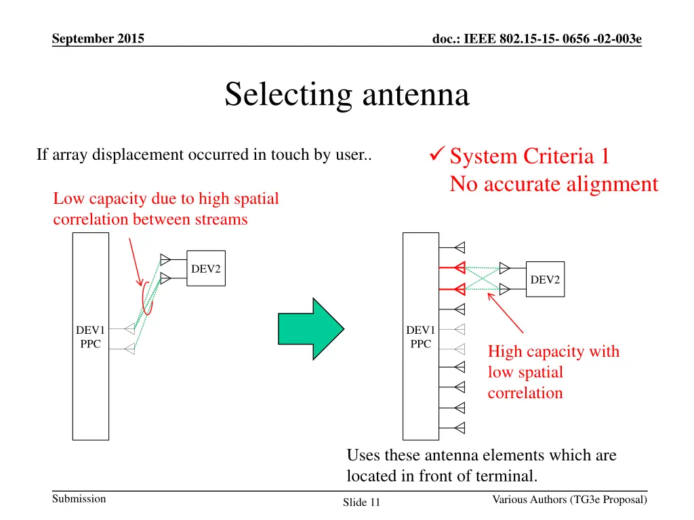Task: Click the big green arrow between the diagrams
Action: tap(310, 328)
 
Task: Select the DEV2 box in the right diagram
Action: tap(545, 280)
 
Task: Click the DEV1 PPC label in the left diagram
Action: tap(90, 337)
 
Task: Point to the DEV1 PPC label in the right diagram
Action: tap(420, 337)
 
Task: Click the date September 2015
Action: tap(98, 39)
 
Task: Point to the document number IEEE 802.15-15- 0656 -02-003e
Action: tap(537, 39)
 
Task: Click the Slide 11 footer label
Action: tap(361, 502)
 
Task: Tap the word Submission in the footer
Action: tap(79, 499)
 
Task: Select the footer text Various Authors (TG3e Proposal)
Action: tap(569, 500)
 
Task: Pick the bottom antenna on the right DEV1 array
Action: tap(460, 428)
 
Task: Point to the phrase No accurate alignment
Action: tap(554, 184)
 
